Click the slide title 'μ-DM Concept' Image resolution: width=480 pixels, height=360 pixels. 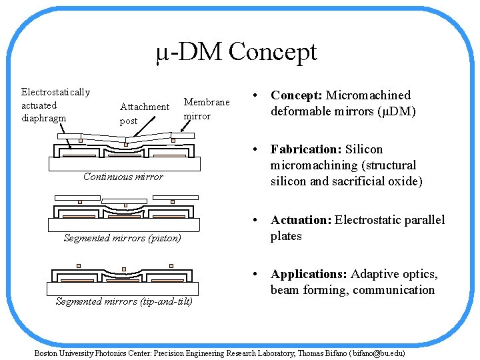click(x=236, y=52)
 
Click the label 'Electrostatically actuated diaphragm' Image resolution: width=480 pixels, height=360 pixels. click(x=55, y=105)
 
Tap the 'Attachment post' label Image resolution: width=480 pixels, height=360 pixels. click(x=144, y=113)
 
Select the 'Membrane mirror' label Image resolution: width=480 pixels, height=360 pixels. click(x=206, y=109)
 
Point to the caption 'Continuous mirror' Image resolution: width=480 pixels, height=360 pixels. click(x=123, y=177)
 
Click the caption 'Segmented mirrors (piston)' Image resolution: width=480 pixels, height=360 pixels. click(x=122, y=238)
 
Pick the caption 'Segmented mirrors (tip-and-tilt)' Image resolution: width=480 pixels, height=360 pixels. click(x=124, y=301)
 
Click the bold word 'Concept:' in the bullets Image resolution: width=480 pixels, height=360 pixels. click(x=296, y=95)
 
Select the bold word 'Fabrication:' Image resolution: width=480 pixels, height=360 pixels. click(x=305, y=149)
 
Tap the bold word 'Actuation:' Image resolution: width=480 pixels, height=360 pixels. click(x=300, y=220)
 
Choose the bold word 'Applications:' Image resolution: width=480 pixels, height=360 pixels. click(x=309, y=274)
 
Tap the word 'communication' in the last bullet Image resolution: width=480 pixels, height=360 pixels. click(x=393, y=290)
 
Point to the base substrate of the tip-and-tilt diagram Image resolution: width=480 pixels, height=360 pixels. click(x=123, y=289)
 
